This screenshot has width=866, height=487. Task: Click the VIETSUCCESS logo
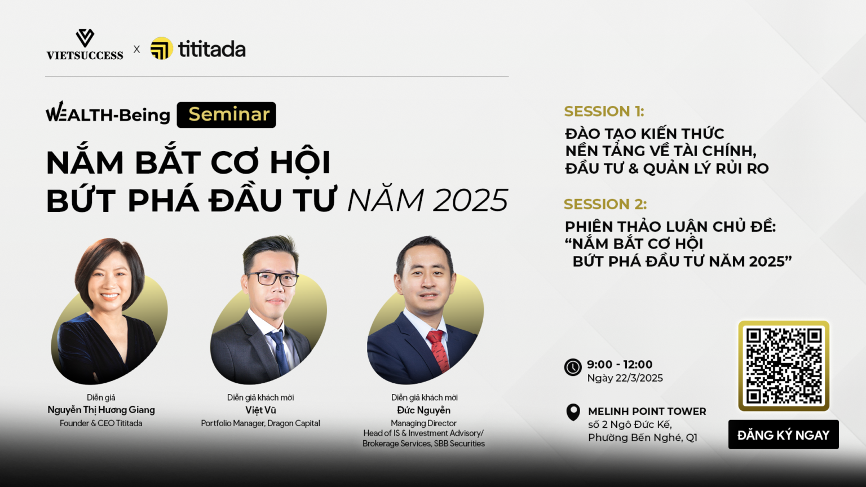(85, 45)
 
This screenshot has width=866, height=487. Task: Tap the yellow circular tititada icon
(162, 48)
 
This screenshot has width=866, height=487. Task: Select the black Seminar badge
(226, 115)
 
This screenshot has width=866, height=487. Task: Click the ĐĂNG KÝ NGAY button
(783, 435)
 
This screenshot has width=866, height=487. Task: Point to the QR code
(784, 366)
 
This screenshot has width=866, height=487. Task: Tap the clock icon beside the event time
(573, 367)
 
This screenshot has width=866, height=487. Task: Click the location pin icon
(573, 413)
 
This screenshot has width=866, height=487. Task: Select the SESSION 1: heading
(604, 111)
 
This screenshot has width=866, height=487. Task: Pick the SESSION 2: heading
(605, 204)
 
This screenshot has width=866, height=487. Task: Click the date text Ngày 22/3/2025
(625, 378)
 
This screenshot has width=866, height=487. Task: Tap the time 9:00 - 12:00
(620, 364)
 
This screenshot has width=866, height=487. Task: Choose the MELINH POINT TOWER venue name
(647, 411)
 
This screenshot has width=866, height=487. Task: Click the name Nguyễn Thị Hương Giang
(101, 410)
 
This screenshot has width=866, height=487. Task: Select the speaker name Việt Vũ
(260, 410)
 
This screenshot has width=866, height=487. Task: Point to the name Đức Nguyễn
(424, 410)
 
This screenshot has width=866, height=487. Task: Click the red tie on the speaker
(439, 350)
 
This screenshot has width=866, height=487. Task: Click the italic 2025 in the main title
(470, 200)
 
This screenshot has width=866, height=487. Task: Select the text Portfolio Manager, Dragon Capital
(260, 423)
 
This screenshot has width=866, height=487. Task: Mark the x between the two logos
(136, 49)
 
